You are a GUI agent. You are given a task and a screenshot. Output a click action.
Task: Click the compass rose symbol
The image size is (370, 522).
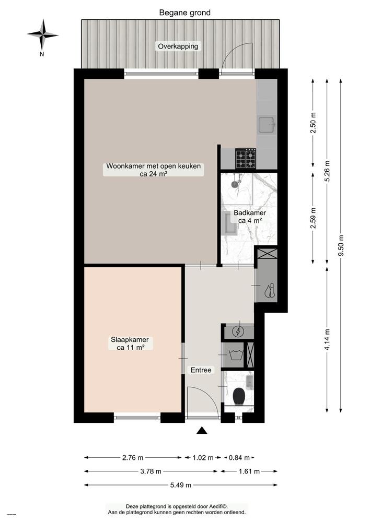pos(43,34)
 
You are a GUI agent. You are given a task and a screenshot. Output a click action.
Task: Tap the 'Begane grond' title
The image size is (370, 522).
pos(185,13)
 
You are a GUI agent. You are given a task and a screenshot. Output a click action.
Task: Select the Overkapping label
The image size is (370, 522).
pos(178,46)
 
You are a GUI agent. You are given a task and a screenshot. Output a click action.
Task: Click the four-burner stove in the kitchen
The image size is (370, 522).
pos(245,159)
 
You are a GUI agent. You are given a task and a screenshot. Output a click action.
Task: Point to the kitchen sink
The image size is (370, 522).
pos(267,124)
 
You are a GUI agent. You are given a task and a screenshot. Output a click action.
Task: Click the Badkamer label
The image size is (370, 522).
pos(250,217)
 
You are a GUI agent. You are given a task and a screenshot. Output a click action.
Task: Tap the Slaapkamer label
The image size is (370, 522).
pos(129,343)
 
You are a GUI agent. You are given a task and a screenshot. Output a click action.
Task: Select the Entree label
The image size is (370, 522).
pos(201,370)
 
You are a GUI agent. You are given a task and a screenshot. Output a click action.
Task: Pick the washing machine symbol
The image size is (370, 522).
pos(234,357)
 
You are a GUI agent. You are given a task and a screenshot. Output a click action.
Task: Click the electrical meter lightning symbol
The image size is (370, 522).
pos(238,331)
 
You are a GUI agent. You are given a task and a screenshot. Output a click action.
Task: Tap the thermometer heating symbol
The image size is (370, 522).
pos(270,290)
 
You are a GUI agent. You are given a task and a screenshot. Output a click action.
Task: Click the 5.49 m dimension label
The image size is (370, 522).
pos(180,485)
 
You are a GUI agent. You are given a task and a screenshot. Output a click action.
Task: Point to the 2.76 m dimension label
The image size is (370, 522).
pos(133,458)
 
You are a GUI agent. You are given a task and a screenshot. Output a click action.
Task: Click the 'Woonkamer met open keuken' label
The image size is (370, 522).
pos(154,170)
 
